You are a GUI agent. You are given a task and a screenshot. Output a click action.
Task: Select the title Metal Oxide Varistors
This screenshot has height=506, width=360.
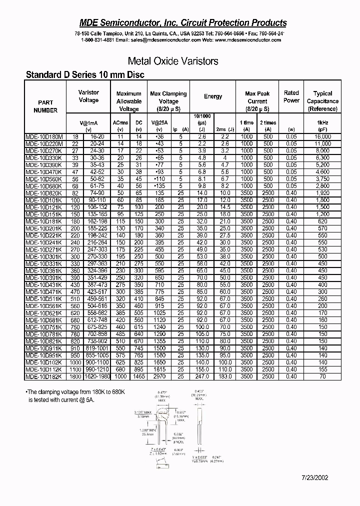tap(173, 61)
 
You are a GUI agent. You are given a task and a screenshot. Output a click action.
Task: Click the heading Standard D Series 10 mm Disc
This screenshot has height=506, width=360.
tap(85, 75)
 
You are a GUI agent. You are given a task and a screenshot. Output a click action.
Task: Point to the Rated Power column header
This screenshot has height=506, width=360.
tap(291, 96)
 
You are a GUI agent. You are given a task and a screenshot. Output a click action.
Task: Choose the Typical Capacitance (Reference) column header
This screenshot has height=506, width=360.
tap(322, 101)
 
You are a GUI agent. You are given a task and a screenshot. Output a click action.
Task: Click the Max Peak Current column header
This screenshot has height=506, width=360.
tap(257, 101)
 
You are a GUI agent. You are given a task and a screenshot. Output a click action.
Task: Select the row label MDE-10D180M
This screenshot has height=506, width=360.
tap(44, 136)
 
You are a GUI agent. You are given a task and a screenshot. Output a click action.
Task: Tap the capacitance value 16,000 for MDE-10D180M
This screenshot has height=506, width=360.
tap(323, 136)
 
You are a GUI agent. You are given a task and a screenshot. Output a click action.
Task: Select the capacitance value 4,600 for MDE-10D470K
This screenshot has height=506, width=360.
tap(323, 171)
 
